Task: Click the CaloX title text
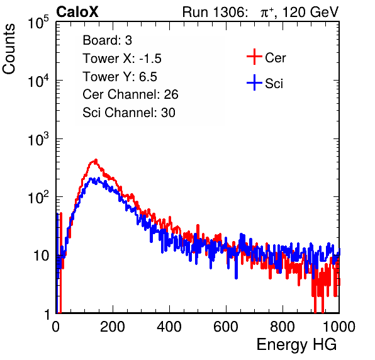77,12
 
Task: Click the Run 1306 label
215,12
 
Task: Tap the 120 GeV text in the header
311,12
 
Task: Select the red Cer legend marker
254,57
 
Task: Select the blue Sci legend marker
254,82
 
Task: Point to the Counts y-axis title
9,49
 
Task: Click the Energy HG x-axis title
296,344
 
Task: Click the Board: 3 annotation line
108,40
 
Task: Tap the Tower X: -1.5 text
122,59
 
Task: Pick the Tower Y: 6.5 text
120,77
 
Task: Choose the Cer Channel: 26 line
130,94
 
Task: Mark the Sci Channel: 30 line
129,113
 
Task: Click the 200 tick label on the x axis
113,327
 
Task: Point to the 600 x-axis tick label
226,327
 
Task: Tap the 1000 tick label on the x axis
339,327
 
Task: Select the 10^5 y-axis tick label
38,22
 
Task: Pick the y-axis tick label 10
41,256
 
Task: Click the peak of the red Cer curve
96,160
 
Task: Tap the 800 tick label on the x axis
283,327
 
